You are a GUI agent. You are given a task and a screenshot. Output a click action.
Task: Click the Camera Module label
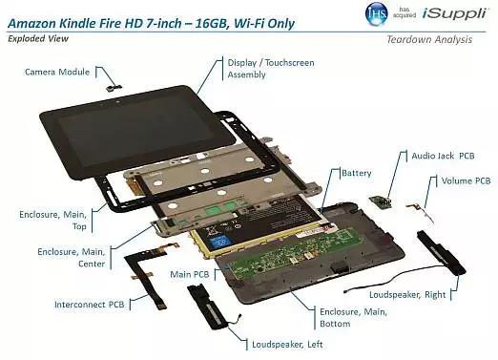tap(57, 72)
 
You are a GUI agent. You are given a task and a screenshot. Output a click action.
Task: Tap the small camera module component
tap(114, 88)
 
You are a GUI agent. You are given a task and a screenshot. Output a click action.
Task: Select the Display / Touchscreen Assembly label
tap(271, 69)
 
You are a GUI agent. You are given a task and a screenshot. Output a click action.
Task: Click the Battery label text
tap(357, 173)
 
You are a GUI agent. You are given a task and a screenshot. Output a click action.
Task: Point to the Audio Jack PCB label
tap(443, 156)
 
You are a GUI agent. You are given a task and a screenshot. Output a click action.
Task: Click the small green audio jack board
tap(381, 202)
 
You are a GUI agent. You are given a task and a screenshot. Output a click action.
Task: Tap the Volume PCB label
tap(466, 180)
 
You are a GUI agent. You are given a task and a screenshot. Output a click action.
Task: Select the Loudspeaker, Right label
tap(407, 295)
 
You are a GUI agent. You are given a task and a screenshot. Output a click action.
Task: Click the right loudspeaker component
tap(442, 252)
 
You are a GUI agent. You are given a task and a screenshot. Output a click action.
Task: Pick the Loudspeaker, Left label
tap(287, 345)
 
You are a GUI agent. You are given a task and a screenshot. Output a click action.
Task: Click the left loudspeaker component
tap(208, 307)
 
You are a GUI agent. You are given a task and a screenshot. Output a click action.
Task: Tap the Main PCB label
tap(190, 274)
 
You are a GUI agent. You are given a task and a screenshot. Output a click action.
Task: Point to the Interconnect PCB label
tap(89, 305)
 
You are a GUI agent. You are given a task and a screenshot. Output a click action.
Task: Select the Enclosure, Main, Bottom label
tap(353, 318)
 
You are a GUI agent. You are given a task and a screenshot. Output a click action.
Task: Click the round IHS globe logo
tap(377, 13)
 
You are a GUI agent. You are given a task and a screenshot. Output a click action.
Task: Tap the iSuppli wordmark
tap(455, 13)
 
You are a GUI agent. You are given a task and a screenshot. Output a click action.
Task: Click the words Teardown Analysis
tap(429, 39)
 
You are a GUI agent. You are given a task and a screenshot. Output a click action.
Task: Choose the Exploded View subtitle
tap(38, 39)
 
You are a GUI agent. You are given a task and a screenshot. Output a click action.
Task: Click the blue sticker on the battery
tap(219, 243)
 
